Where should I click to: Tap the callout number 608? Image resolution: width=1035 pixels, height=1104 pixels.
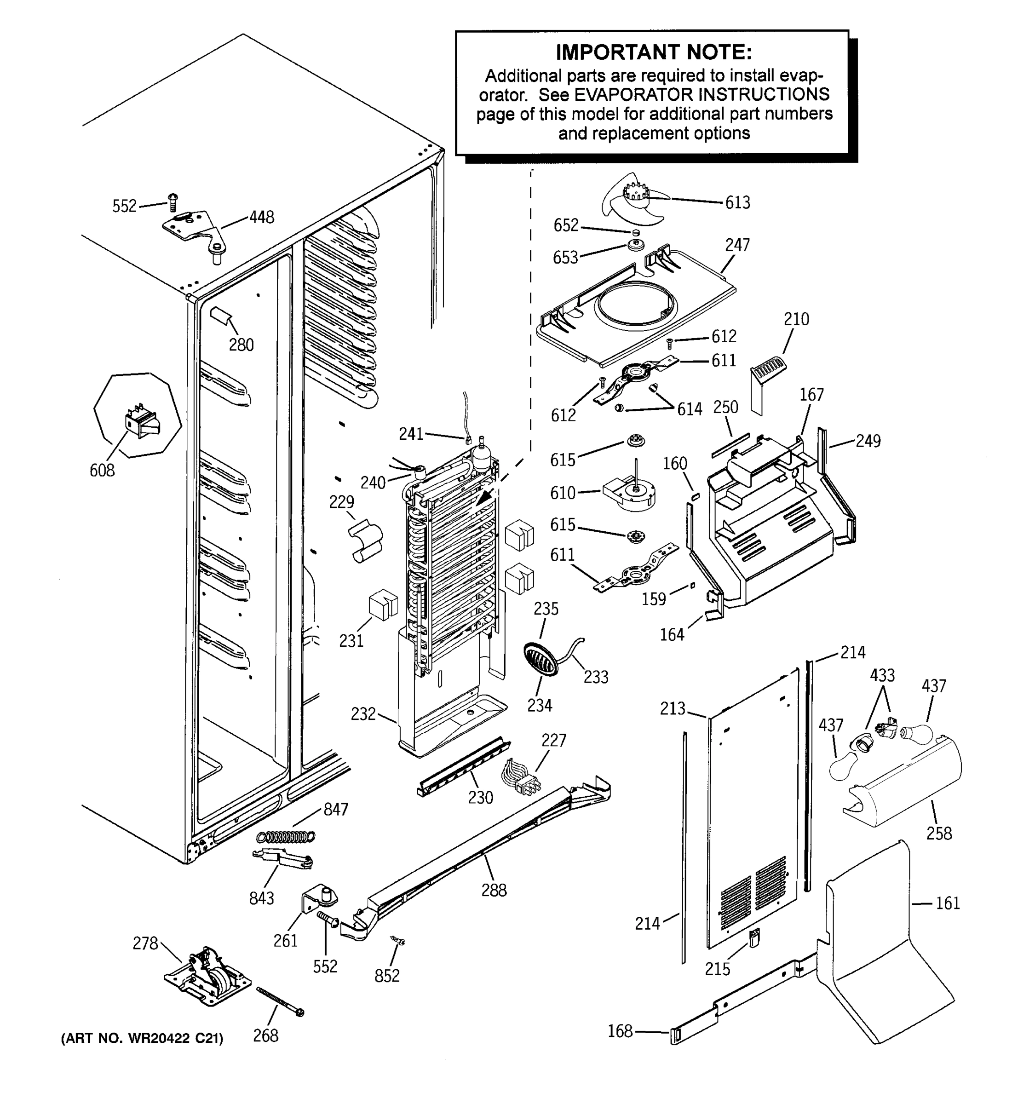point(102,471)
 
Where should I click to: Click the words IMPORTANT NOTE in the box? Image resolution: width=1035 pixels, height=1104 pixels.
point(654,52)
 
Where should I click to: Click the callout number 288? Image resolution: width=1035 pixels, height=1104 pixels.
point(494,890)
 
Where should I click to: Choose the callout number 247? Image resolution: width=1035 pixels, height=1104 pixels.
point(737,245)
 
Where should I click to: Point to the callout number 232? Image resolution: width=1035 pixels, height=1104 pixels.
point(363,713)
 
